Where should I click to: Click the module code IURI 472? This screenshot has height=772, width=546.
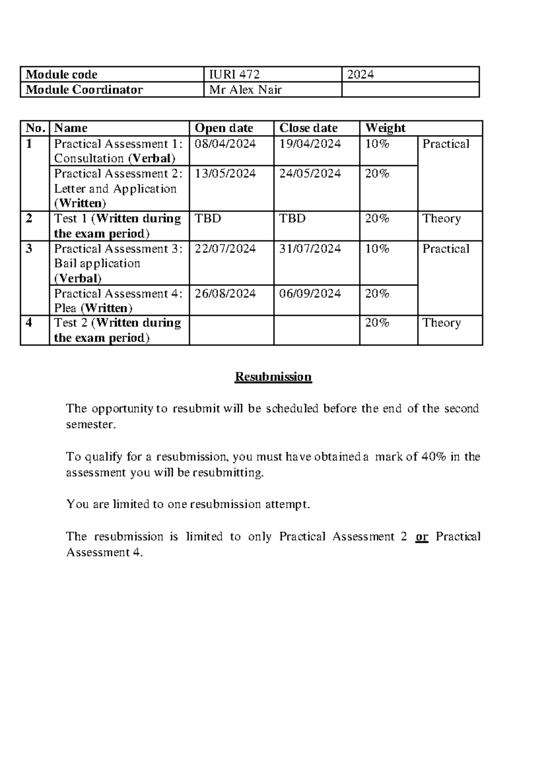(234, 75)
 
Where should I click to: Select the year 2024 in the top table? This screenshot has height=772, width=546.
(360, 75)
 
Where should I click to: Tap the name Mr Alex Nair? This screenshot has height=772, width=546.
(245, 90)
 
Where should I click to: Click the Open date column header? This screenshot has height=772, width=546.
(223, 128)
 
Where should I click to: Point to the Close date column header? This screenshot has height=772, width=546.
(308, 128)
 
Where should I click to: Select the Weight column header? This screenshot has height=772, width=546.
(385, 128)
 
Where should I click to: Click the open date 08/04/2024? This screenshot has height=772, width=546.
(225, 144)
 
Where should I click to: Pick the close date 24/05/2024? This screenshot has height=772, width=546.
(310, 174)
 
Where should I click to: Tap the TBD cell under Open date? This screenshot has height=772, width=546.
(207, 219)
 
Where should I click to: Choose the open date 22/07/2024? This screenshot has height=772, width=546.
(225, 249)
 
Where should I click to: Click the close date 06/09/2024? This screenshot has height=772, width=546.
(310, 294)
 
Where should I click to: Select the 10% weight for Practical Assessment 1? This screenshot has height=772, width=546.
(377, 144)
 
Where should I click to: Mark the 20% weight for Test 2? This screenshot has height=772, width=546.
(377, 323)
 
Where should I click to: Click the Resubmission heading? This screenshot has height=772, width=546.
(273, 377)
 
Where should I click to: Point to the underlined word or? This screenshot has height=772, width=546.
(422, 537)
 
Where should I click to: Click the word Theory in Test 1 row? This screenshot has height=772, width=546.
(441, 219)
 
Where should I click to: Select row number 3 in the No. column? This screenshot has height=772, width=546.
(29, 249)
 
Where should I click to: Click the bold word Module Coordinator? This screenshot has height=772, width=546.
(84, 90)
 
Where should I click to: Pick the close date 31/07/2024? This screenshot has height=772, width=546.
(310, 249)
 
